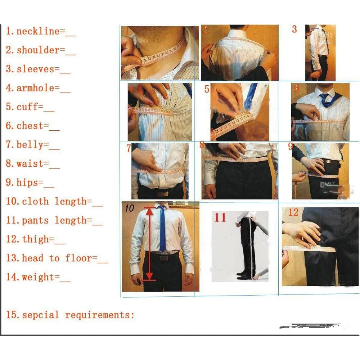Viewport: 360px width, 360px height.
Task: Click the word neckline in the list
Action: [x=38, y=31]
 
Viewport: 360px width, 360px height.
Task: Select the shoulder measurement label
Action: [x=38, y=50]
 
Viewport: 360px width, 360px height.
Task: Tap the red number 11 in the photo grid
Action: [x=220, y=217]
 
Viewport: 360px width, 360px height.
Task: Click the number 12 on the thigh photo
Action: [x=293, y=212]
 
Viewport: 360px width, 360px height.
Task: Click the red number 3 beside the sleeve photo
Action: [x=294, y=29]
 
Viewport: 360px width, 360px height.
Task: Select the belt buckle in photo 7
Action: [x=162, y=193]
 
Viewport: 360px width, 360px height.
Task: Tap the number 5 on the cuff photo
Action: [x=207, y=89]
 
